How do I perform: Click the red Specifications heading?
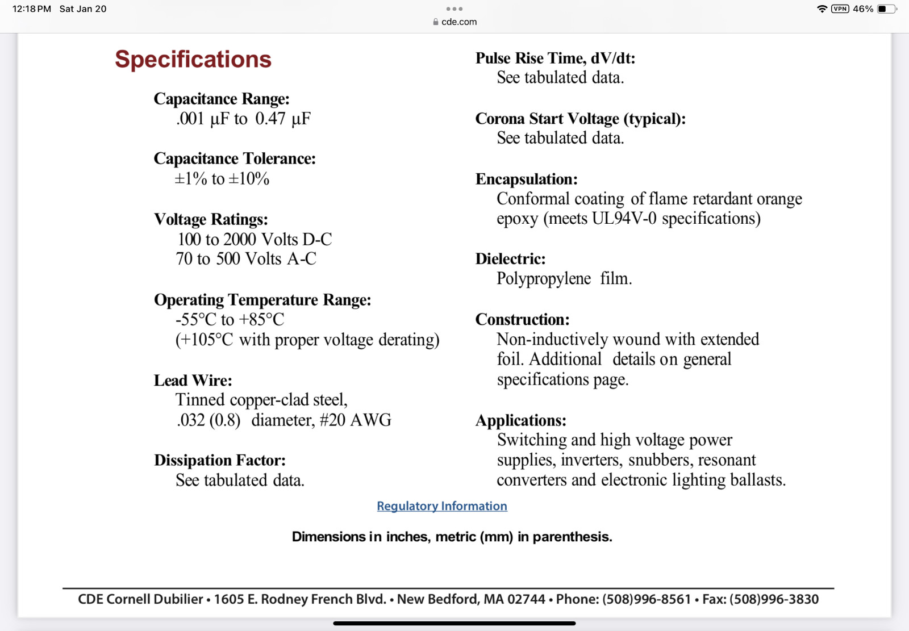pos(193,59)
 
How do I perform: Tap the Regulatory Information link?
pos(441,506)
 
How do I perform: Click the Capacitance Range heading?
pos(222,99)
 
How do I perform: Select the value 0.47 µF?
pos(282,119)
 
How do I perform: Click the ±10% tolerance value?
pos(249,179)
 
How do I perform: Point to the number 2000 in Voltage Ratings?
pos(239,239)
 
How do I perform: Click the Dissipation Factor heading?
pos(220,460)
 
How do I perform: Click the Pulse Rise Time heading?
pos(555,58)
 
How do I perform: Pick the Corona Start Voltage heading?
pos(580,119)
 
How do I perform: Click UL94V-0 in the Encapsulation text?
pos(624,219)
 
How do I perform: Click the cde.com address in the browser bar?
pos(458,22)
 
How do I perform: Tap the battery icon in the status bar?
pos(886,9)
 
